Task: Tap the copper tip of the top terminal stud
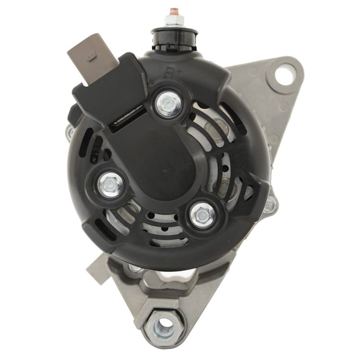point(174,10)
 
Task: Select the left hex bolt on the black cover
point(108,184)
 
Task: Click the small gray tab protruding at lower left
point(95,267)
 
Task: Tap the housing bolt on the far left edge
point(69,131)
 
